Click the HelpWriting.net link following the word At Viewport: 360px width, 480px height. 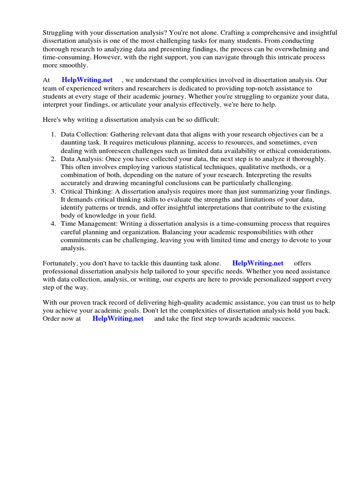pyautogui.click(x=87, y=80)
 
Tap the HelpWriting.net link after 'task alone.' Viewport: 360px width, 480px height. pyautogui.click(x=258, y=263)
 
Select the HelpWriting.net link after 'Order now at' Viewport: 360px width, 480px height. pyautogui.click(x=118, y=318)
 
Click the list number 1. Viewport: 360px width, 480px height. pyautogui.click(x=53, y=135)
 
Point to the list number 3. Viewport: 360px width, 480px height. pyautogui.click(x=53, y=191)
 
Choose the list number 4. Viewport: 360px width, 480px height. pyautogui.click(x=53, y=224)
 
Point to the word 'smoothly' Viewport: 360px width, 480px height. pyautogui.click(x=70, y=66)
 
